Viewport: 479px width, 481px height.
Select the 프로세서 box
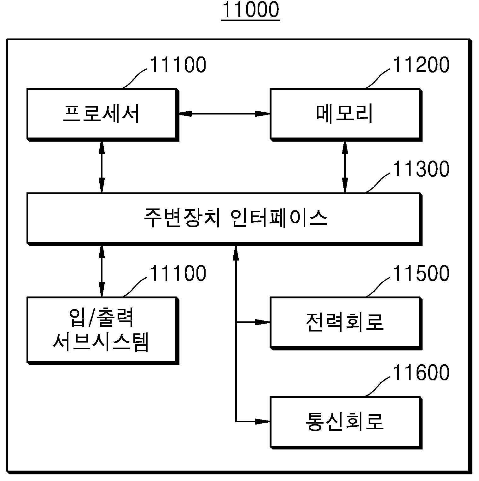click(x=103, y=115)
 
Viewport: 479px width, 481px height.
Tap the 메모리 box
click(x=346, y=115)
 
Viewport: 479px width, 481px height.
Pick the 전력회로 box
click(x=346, y=323)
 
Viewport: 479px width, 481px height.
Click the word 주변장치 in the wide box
click(x=182, y=218)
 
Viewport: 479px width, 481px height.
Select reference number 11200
click(x=421, y=65)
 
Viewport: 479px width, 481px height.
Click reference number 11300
click(x=421, y=169)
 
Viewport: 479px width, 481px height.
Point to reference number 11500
click(x=421, y=273)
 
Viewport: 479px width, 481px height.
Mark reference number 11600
click(x=421, y=372)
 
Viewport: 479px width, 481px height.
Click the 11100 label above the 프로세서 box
click(x=178, y=65)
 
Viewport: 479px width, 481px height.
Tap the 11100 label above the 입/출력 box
click(x=178, y=273)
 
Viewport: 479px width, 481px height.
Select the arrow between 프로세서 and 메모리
click(x=225, y=114)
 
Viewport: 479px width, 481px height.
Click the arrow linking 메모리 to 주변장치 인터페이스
click(x=345, y=167)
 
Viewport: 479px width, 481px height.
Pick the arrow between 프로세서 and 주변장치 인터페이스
click(x=102, y=167)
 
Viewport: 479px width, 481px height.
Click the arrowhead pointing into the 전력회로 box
click(x=263, y=322)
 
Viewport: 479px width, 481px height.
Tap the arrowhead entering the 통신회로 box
click(x=263, y=421)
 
